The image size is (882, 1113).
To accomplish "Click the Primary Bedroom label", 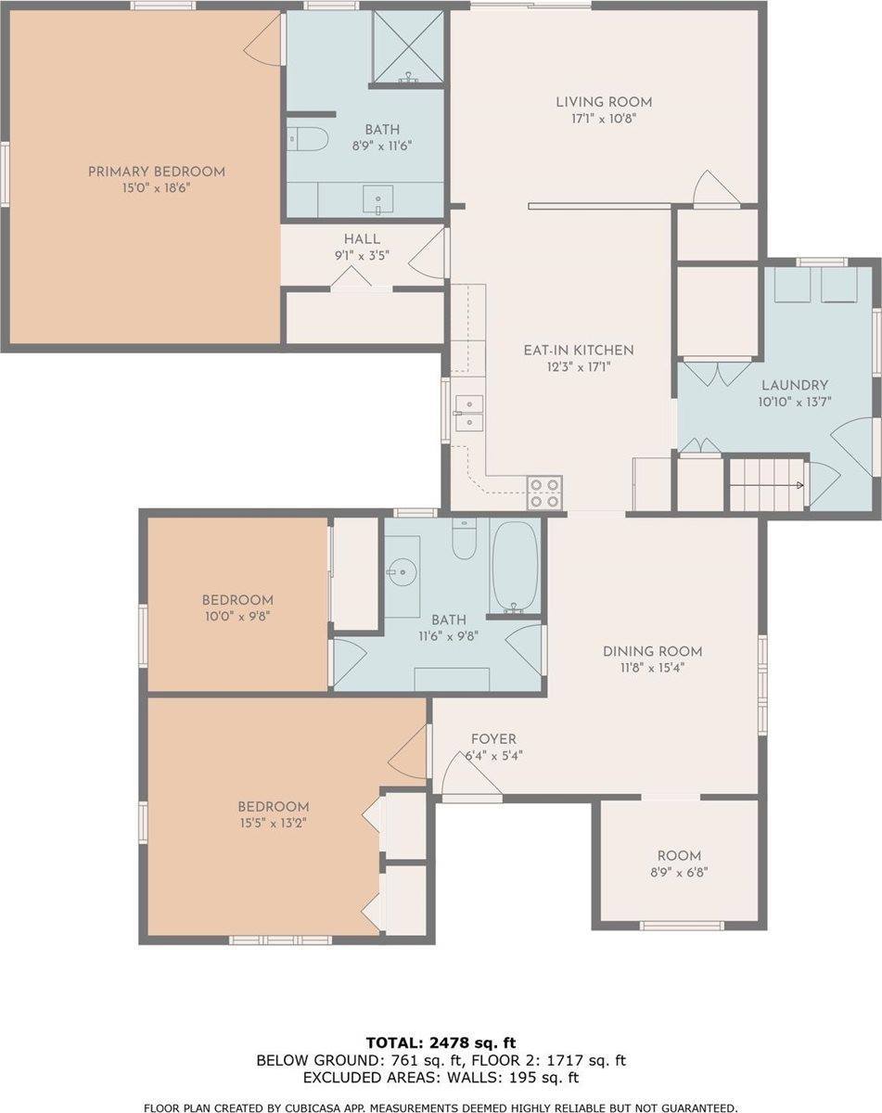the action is (x=156, y=172).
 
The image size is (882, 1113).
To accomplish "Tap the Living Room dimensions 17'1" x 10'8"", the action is (x=604, y=119).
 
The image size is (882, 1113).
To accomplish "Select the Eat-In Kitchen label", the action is (x=579, y=351).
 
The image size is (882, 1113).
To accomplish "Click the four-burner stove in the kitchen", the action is (x=544, y=493).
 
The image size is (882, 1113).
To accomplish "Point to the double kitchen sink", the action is (x=469, y=414).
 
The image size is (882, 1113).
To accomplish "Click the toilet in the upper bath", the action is (x=307, y=138).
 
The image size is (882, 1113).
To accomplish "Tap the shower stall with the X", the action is (x=408, y=46).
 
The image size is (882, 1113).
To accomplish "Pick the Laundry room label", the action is (x=795, y=385).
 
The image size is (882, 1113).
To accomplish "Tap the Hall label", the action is (x=362, y=239).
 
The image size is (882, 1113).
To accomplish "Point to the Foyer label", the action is (x=493, y=739).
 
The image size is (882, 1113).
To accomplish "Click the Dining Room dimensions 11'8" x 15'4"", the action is (x=653, y=668).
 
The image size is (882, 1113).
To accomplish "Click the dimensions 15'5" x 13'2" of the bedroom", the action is (x=274, y=823).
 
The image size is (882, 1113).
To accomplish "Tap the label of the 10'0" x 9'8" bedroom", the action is (x=237, y=600).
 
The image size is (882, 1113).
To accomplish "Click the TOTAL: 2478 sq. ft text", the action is (x=441, y=1043).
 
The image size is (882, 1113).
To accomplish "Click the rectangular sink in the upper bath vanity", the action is (x=378, y=199).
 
